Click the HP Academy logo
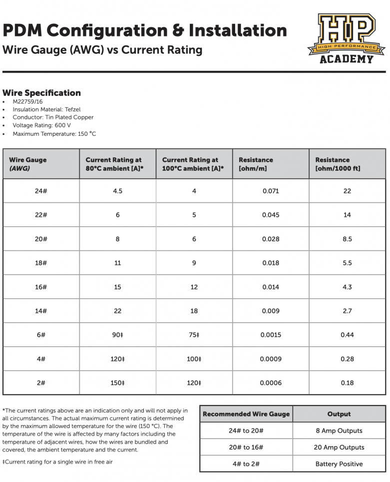[346, 38]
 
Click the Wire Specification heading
[41, 93]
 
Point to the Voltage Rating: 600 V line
[41, 125]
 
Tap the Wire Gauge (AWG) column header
[28, 164]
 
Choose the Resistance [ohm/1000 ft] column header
[338, 164]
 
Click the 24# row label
[41, 191]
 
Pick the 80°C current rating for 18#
[118, 263]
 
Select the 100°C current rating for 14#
[194, 311]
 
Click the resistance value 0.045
[271, 215]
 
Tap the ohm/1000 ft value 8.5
[347, 239]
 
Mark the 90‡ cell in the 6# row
[118, 335]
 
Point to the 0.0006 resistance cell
[271, 383]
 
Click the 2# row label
[41, 383]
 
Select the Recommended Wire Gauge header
[246, 414]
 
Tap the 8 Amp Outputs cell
[339, 431]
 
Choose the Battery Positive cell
[339, 464]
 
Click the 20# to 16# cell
[246, 448]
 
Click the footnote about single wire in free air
[58, 462]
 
